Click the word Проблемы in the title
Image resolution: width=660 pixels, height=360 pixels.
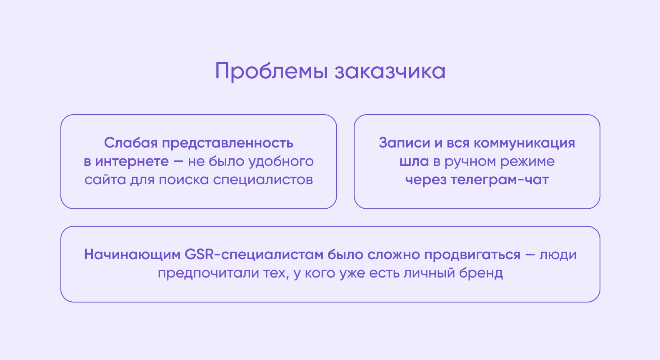pyautogui.click(x=271, y=71)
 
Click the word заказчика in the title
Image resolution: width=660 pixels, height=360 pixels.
pyautogui.click(x=390, y=71)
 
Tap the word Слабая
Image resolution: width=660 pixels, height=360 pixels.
pyautogui.click(x=131, y=143)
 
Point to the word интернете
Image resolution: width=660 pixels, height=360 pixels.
pyautogui.click(x=132, y=161)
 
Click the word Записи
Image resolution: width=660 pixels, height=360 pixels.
pyautogui.click(x=405, y=143)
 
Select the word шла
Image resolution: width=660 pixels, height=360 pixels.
pyautogui.click(x=414, y=161)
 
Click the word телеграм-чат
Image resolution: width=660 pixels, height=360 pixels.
pyautogui.click(x=500, y=180)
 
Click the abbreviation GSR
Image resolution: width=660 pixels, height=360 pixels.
pyautogui.click(x=199, y=255)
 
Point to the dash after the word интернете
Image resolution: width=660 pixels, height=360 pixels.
pyautogui.click(x=178, y=161)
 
